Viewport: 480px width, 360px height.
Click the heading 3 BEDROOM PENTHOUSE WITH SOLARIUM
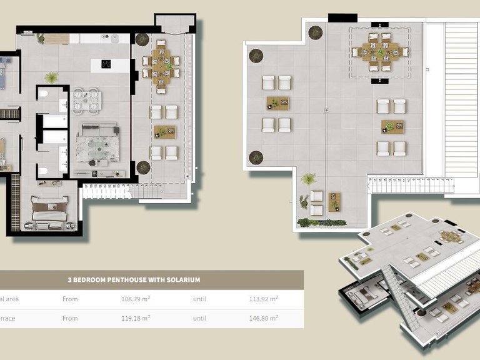tap(134, 280)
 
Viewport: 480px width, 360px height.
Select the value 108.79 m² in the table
tap(136, 299)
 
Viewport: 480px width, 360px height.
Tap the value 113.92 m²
tap(263, 299)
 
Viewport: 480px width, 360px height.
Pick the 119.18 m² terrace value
tap(136, 318)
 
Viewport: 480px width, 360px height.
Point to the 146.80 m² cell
tap(263, 318)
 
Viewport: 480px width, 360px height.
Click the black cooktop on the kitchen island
tap(106, 64)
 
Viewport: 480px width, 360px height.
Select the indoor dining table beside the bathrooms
tap(86, 101)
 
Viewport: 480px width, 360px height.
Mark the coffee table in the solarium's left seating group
tap(276, 104)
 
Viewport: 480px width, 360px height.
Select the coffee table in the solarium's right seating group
tap(392, 127)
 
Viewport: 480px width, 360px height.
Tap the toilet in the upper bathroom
tap(43, 94)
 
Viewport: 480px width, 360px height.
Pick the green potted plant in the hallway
tap(52, 77)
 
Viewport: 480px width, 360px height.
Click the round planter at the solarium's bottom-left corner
tap(256, 157)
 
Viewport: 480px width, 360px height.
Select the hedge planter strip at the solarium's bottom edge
tap(321, 222)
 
